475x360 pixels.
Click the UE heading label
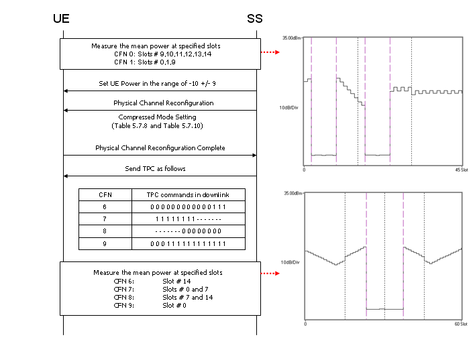coord(61,19)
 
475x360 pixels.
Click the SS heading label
coord(255,19)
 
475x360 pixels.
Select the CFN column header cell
coord(105,194)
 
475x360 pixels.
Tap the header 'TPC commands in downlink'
coord(188,194)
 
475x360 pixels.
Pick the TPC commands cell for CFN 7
coord(188,219)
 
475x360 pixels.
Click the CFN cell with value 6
coord(105,206)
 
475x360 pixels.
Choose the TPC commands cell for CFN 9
coord(188,244)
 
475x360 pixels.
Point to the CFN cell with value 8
coord(105,231)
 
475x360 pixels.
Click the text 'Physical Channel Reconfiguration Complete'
coord(160,148)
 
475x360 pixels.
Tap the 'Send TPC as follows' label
coord(155,169)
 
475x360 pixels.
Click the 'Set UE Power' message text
coord(157,84)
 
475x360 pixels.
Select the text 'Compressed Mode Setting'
coord(157,117)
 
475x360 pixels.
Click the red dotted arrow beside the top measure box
coord(270,52)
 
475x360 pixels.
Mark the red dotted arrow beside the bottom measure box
coord(270,274)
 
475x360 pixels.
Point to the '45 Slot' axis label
coord(462,170)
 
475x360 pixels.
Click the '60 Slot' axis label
coord(461,324)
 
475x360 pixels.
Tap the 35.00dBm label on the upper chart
coord(292,38)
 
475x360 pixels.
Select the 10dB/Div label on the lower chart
coord(291,262)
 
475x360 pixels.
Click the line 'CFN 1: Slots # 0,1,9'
coord(145,62)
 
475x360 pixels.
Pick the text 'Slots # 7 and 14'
coord(187,298)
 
